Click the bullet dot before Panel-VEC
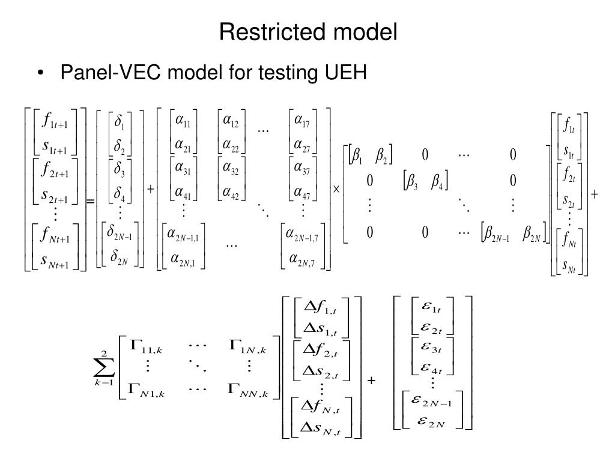click(40, 73)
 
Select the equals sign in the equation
click(91, 202)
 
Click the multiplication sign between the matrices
click(336, 188)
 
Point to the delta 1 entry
click(120, 122)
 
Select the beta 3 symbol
click(413, 180)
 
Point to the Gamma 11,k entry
click(144, 345)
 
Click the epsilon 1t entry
click(432, 309)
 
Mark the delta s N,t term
click(323, 428)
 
